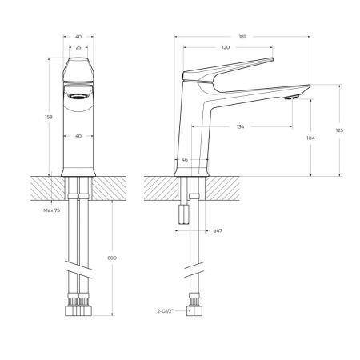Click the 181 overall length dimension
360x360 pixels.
[x=241, y=36]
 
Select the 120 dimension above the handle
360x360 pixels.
[x=226, y=47]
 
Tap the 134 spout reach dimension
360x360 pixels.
[x=240, y=126]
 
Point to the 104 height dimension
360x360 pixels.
[x=310, y=138]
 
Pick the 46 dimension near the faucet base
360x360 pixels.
[x=186, y=160]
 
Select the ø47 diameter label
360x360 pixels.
[x=217, y=230]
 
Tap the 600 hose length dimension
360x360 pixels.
[x=111, y=258]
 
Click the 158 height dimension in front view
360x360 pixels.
[x=50, y=117]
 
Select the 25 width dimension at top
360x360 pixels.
[x=78, y=47]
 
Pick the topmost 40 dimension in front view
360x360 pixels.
[x=78, y=36]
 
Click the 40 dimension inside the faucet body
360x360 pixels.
[x=78, y=135]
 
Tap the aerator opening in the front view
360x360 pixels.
[x=78, y=95]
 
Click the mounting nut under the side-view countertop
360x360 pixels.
[x=182, y=214]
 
